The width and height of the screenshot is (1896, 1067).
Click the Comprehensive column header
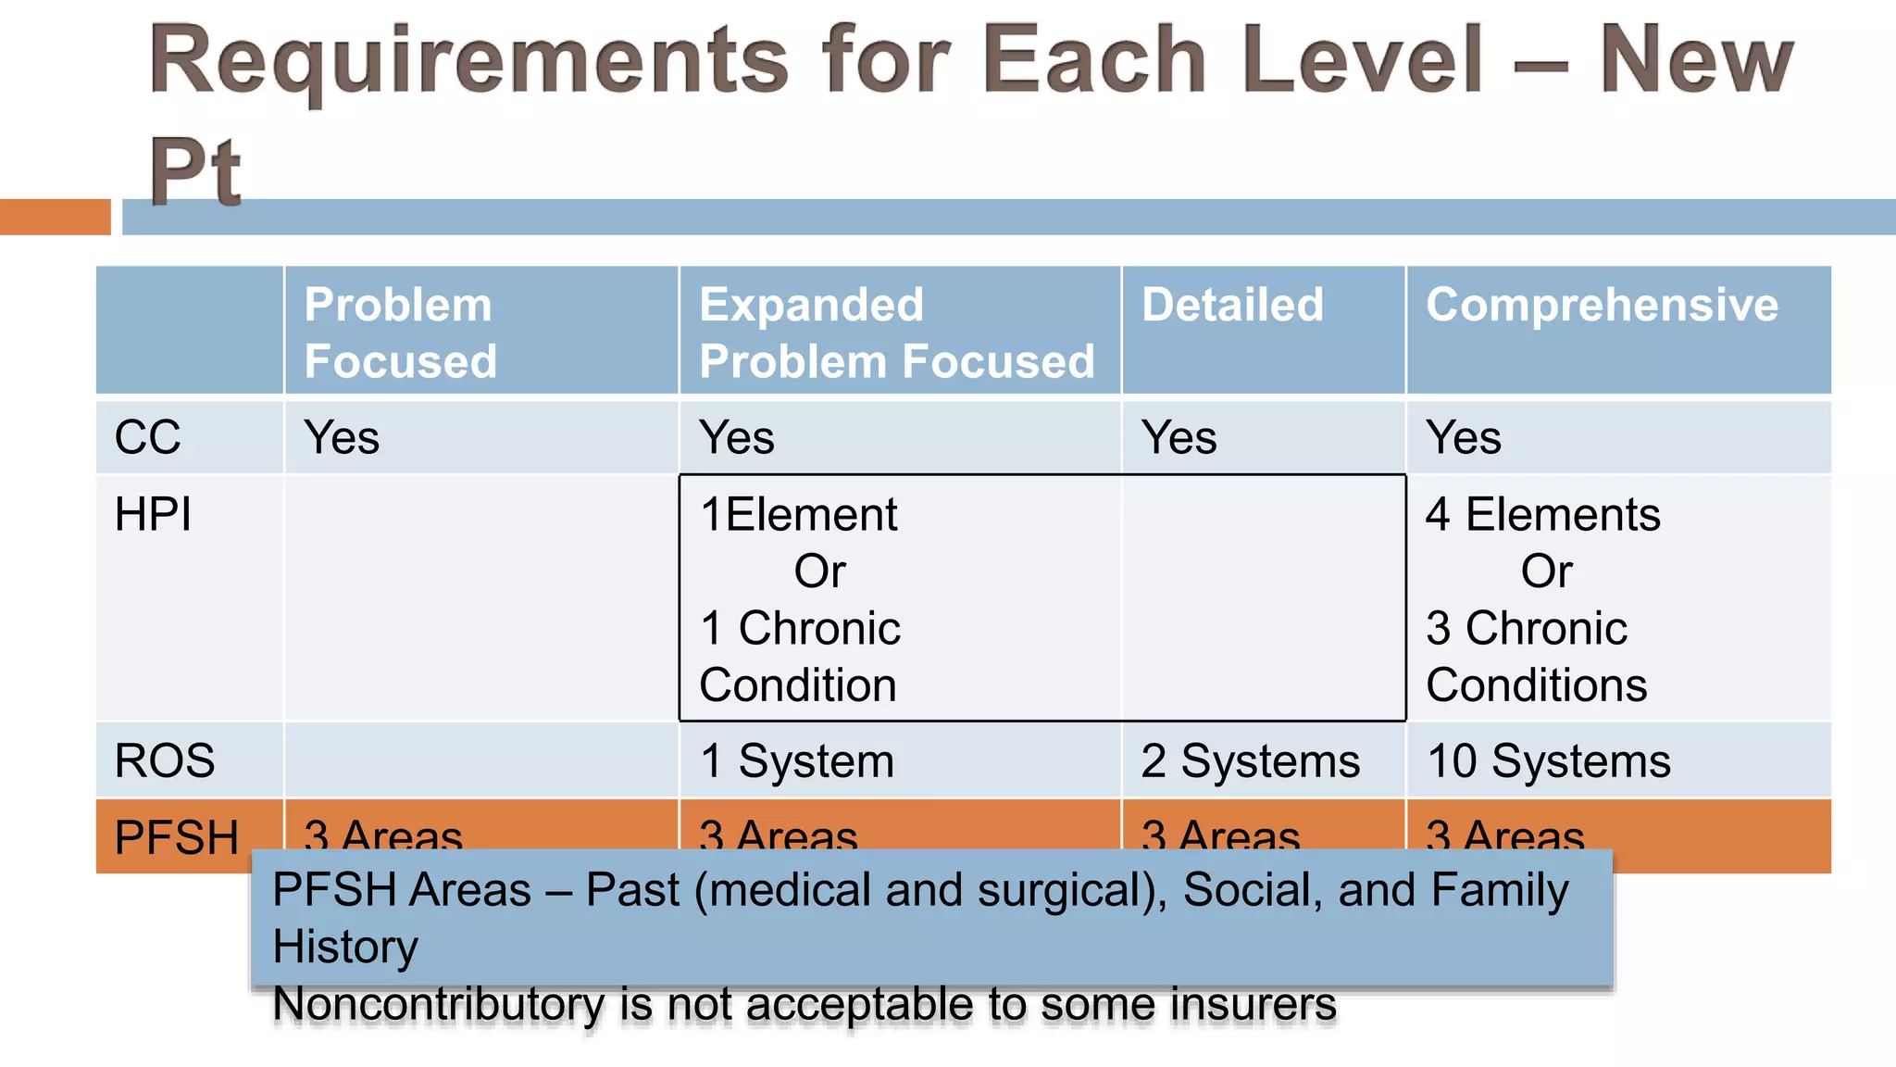1602,306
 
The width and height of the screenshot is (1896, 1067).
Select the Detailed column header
1232,306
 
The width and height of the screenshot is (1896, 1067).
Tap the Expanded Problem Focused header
896,333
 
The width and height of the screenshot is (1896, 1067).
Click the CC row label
147,437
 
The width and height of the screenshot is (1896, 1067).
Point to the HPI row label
153,514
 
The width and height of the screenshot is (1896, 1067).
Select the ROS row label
165,760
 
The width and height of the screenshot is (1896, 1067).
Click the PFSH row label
176,837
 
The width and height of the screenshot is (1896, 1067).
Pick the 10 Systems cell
1548,760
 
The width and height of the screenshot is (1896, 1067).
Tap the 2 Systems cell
1250,760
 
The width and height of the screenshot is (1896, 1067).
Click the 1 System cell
797,760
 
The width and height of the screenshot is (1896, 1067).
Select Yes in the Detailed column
1179,437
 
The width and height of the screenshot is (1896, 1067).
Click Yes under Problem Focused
342,437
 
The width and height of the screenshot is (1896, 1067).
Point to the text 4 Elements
1542,514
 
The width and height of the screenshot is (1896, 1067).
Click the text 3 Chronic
1526,628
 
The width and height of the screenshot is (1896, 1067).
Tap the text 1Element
798,514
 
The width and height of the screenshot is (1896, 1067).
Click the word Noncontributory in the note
439,1005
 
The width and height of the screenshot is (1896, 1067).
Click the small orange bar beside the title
55,217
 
